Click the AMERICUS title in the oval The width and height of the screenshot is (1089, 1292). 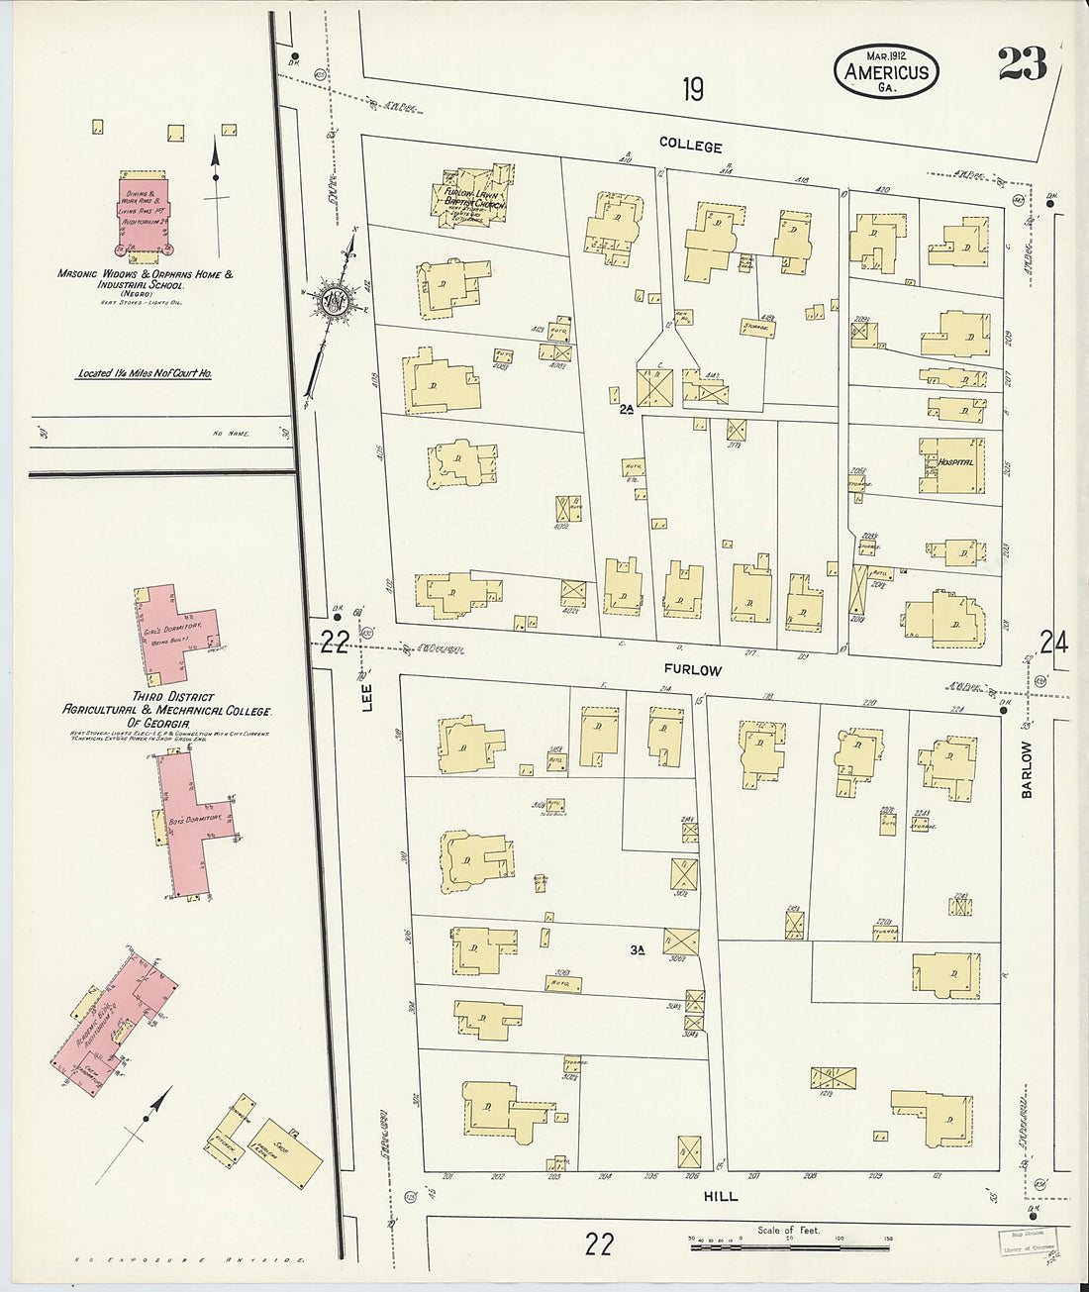(886, 71)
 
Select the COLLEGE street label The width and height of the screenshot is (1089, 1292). (691, 146)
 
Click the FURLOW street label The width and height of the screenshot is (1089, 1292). (693, 670)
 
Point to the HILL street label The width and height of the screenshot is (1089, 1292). (720, 1196)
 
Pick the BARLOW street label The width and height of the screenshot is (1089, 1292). (1027, 769)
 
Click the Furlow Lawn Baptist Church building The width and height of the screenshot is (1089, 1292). (474, 198)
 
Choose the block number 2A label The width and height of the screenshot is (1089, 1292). (625, 407)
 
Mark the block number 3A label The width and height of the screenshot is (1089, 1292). (637, 950)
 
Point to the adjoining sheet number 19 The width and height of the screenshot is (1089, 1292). (693, 90)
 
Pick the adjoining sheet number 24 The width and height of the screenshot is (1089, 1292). (1053, 644)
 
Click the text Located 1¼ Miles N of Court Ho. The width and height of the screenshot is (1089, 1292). (145, 374)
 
